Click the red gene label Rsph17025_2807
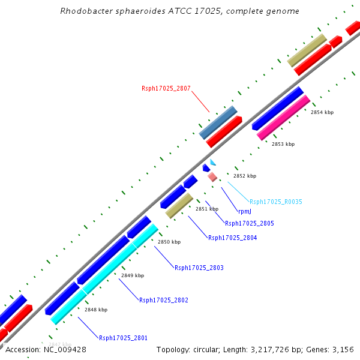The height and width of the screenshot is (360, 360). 166,89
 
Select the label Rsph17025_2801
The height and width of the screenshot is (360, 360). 123,338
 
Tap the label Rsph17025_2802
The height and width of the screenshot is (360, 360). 164,300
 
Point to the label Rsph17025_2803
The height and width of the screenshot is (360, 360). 199,268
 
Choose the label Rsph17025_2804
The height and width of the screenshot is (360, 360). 232,238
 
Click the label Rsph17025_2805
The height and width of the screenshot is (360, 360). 249,223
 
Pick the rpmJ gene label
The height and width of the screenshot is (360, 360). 244,211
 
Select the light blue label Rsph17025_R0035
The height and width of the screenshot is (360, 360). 276,202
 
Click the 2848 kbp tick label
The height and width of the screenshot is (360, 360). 96,310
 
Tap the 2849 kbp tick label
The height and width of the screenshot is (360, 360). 133,275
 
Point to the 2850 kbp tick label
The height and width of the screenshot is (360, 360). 169,242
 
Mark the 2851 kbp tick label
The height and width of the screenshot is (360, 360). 207,209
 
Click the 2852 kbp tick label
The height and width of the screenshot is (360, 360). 245,176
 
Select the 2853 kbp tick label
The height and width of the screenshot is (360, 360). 283,144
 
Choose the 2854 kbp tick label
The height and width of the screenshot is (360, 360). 322,112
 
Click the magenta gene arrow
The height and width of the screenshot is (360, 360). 283,118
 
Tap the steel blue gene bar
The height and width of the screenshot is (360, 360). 218,122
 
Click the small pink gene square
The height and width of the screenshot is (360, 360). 212,176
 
